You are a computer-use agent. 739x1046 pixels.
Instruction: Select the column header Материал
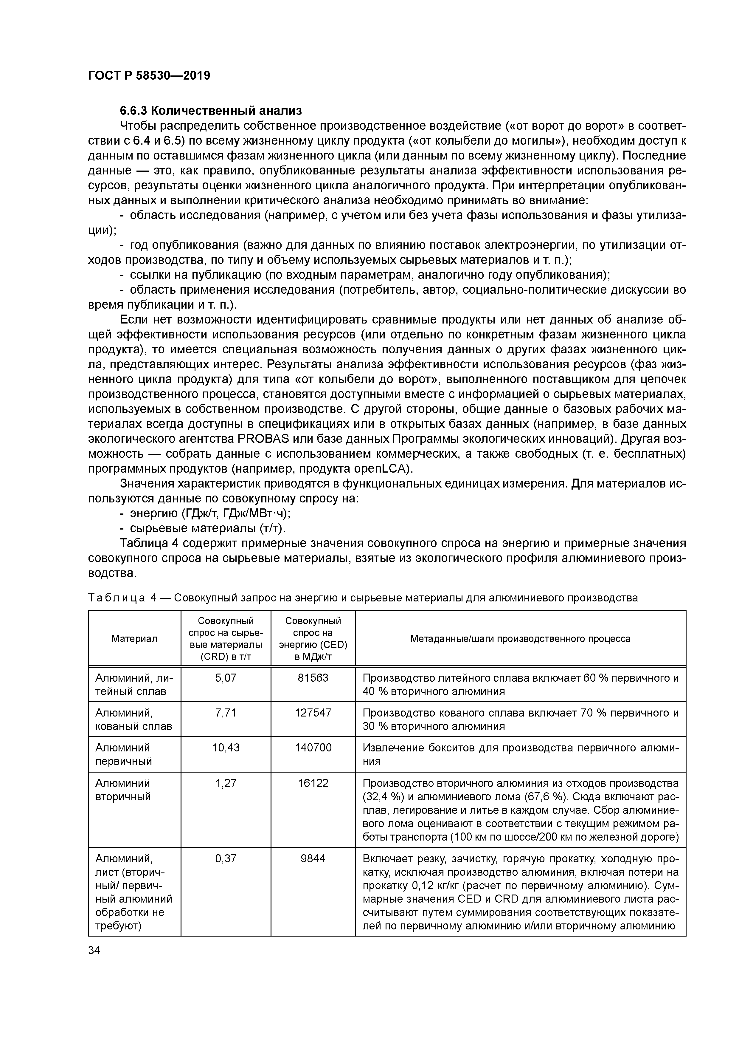pyautogui.click(x=134, y=639)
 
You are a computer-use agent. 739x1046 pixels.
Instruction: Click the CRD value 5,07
pyautogui.click(x=226, y=677)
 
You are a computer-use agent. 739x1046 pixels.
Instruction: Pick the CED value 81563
pyautogui.click(x=313, y=677)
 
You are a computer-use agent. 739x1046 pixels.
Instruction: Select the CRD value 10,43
pyautogui.click(x=226, y=748)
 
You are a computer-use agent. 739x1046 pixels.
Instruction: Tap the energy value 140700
pyautogui.click(x=313, y=748)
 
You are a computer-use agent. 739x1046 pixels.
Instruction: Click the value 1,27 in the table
pyautogui.click(x=226, y=783)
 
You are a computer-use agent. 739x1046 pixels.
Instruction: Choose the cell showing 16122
pyautogui.click(x=313, y=783)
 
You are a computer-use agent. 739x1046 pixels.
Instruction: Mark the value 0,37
pyautogui.click(x=226, y=859)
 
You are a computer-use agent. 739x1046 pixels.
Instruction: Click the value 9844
pyautogui.click(x=313, y=859)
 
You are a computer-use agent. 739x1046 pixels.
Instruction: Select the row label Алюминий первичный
pyautogui.click(x=123, y=754)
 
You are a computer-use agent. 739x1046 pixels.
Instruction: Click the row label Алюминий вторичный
pyautogui.click(x=123, y=790)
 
